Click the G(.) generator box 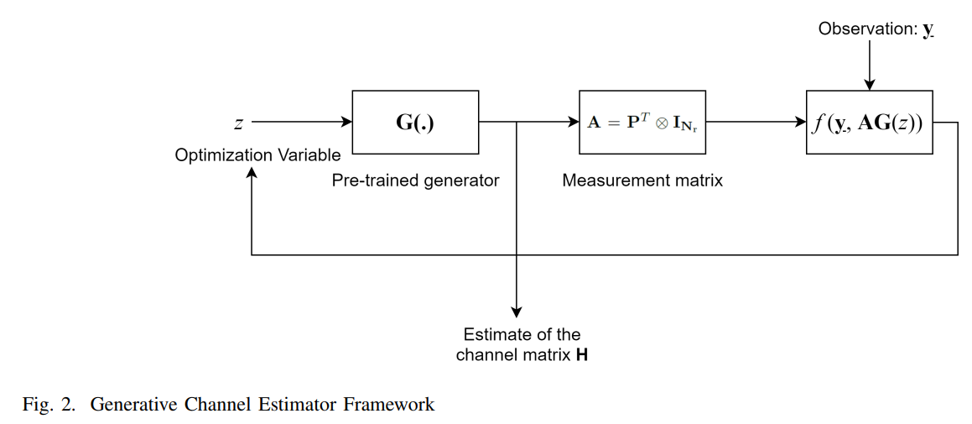pyautogui.click(x=415, y=122)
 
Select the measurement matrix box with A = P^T pyautogui.click(x=642, y=122)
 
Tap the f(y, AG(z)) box pyautogui.click(x=869, y=122)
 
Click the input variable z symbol pyautogui.click(x=238, y=123)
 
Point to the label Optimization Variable pyautogui.click(x=257, y=155)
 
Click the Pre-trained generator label pyautogui.click(x=415, y=181)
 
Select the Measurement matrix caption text pyautogui.click(x=642, y=181)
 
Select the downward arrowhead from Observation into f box pyautogui.click(x=870, y=84)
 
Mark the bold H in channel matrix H pyautogui.click(x=582, y=355)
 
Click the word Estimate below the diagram pyautogui.click(x=491, y=334)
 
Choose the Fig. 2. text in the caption pyautogui.click(x=49, y=405)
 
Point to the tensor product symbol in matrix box pyautogui.click(x=661, y=123)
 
